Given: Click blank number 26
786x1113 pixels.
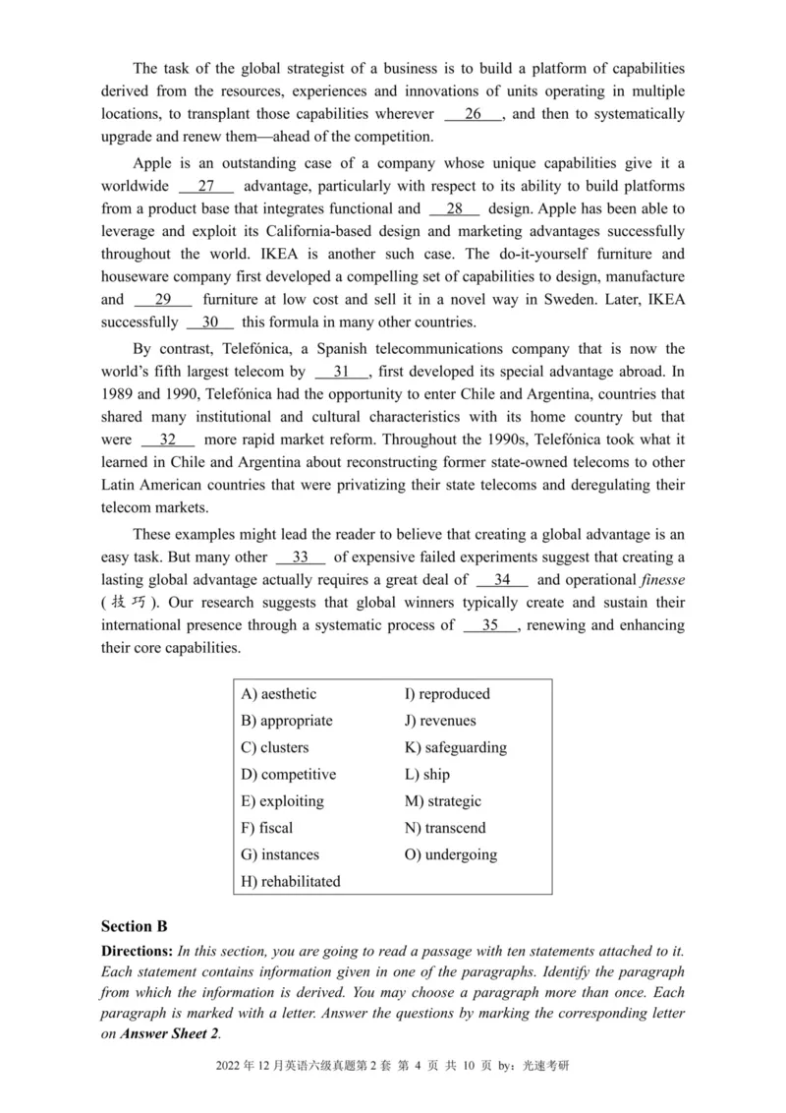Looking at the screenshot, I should tap(474, 114).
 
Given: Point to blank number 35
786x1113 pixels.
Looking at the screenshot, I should tap(489, 624).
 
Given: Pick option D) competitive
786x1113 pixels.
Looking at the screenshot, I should tap(288, 775).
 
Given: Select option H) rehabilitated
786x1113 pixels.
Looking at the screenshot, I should tap(291, 882).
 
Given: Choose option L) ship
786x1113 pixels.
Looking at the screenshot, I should tap(427, 775).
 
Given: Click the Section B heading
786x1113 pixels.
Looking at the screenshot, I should tap(135, 926).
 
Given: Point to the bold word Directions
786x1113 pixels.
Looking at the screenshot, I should tap(136, 951).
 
